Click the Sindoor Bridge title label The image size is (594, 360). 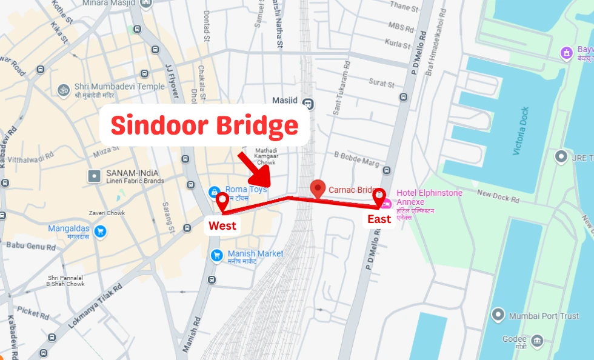pos(204,126)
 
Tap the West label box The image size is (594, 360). pos(222,226)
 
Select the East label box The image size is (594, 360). pos(379,219)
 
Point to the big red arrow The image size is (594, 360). pos(255,170)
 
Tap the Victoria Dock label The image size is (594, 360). pos(521,131)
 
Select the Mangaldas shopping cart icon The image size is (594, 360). pos(100,231)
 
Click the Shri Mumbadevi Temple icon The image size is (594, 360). pos(64,90)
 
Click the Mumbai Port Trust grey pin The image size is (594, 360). pos(498,315)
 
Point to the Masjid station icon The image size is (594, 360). pos(309,103)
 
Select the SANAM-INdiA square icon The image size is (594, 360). pos(94,176)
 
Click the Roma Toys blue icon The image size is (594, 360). pos(214,192)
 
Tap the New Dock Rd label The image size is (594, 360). pos(498,195)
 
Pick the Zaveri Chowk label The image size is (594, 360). pos(107,213)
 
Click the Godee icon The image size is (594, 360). pos(537,341)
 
